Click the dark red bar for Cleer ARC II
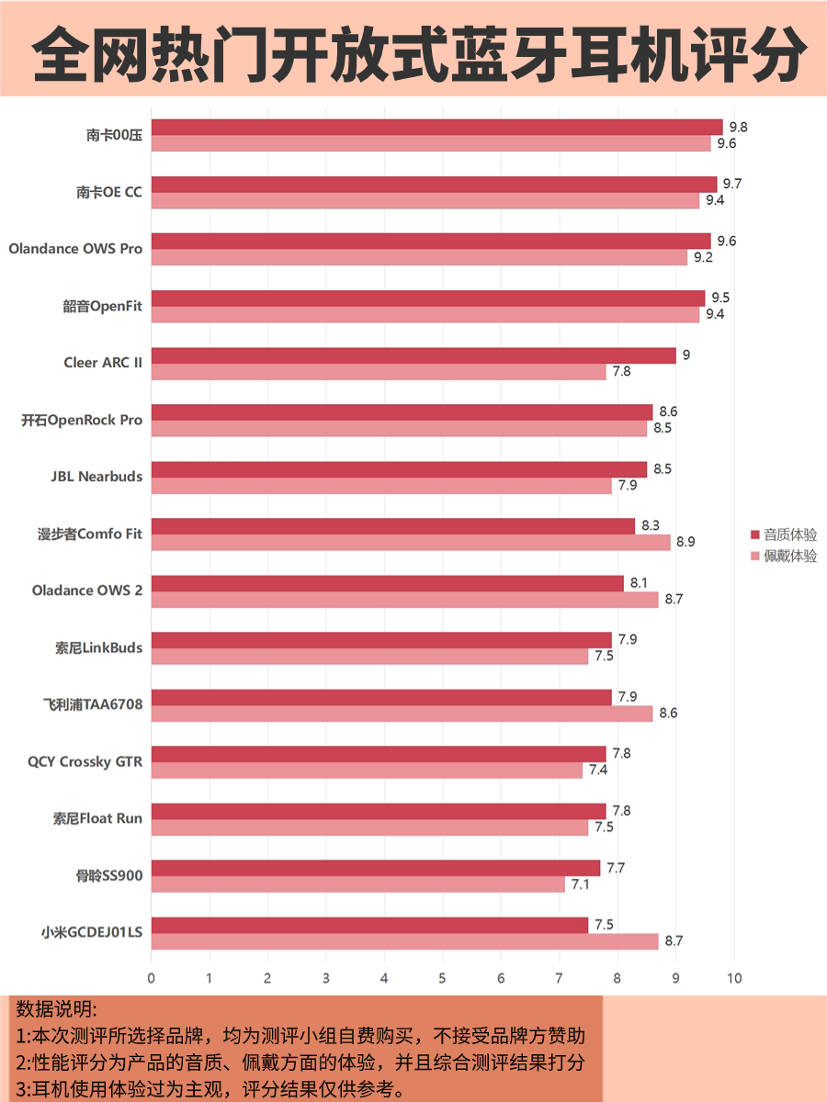tap(413, 355)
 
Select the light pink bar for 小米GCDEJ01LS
tap(404, 941)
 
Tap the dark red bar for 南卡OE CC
tap(434, 185)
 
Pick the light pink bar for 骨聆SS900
tap(358, 884)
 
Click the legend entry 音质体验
tap(784, 534)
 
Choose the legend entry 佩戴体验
tap(784, 556)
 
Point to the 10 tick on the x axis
tap(733, 979)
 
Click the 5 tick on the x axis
tap(442, 979)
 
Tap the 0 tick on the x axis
tap(152, 979)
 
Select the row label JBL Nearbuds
tap(96, 477)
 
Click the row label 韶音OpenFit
tap(102, 306)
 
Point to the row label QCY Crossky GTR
tap(85, 761)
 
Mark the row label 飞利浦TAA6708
tap(93, 704)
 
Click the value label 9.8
tap(738, 127)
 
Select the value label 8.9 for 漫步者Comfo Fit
tap(685, 542)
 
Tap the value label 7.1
tap(580, 884)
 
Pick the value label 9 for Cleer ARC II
tap(685, 355)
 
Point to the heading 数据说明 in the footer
tap(56, 1009)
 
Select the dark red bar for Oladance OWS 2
tap(387, 583)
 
